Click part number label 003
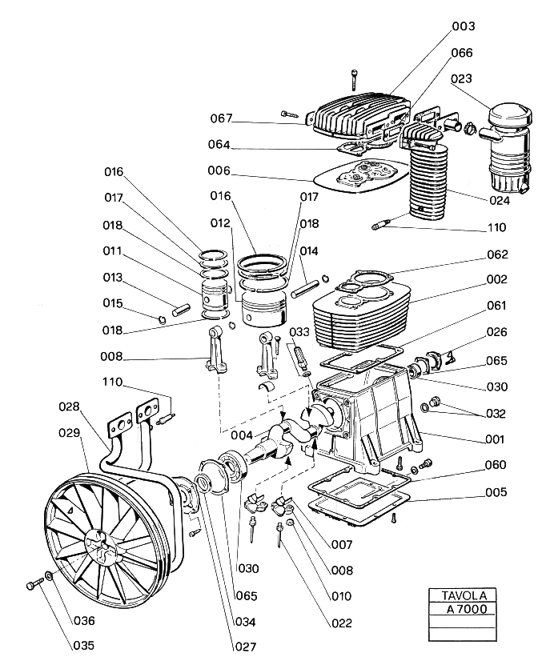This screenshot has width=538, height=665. [486, 26]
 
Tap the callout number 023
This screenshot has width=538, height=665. [484, 78]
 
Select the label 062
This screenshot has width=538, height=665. [497, 255]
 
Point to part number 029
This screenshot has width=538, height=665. [70, 433]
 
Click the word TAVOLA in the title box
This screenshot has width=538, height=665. [462, 596]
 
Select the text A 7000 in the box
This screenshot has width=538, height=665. [462, 609]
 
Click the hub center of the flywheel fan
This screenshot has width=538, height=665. [95, 542]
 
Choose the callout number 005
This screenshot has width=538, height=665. [497, 492]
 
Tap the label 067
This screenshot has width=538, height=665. [222, 118]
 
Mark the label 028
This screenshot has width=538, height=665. [70, 407]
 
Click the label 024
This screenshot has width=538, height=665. [497, 199]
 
